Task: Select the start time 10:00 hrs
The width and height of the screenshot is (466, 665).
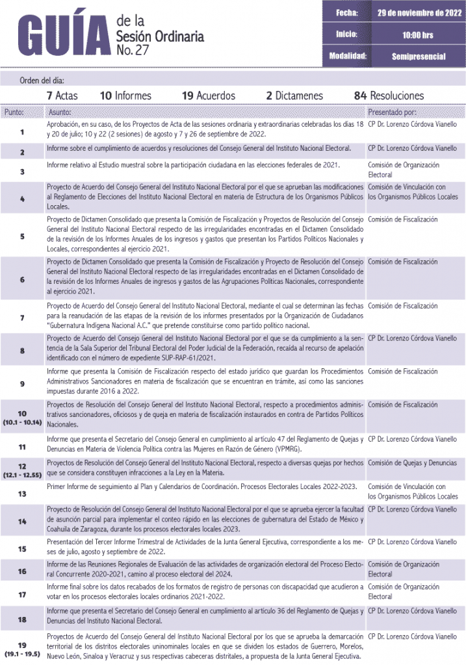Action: coord(418,34)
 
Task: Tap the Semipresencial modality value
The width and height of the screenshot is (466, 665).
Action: coord(419,56)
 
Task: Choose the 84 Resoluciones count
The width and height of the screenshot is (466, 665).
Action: coord(388,95)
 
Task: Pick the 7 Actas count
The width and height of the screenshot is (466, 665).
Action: coord(62,95)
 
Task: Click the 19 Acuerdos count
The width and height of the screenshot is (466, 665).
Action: coord(208,95)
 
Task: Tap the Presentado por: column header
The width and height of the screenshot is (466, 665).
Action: coord(392,112)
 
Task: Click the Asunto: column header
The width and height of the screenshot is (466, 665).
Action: coord(60,112)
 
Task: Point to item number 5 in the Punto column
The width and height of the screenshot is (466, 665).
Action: coord(22,236)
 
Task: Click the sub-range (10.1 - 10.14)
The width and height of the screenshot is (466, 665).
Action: coord(22,422)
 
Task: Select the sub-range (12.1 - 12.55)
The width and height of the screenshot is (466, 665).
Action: coord(22,475)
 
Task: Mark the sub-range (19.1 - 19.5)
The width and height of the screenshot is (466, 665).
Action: coord(22,654)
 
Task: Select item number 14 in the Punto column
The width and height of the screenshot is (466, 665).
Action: coord(22,521)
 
